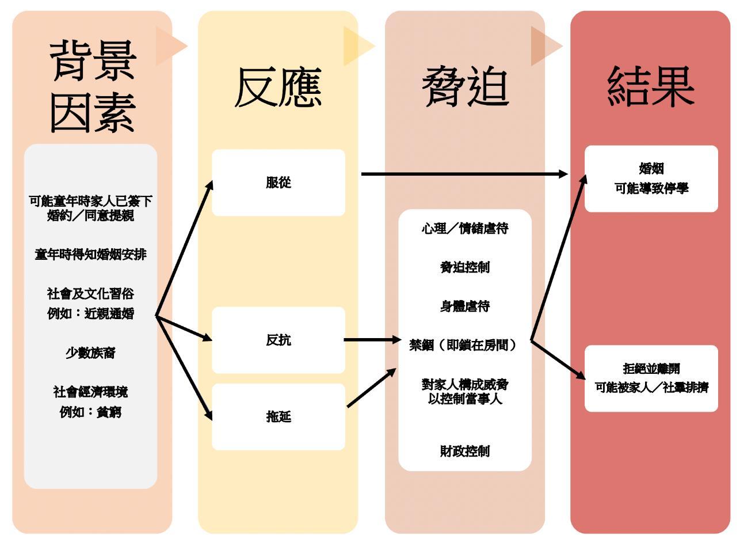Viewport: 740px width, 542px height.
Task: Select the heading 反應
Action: pyautogui.click(x=278, y=88)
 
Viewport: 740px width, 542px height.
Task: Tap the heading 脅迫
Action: pyautogui.click(x=465, y=88)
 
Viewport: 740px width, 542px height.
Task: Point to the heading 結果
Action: pyautogui.click(x=651, y=88)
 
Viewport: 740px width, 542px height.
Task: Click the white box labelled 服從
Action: pyautogui.click(x=279, y=183)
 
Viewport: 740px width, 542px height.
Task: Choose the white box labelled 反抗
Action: pyautogui.click(x=279, y=340)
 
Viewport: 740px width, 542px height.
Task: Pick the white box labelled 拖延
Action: pyautogui.click(x=279, y=416)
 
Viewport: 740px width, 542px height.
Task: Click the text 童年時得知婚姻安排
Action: pyautogui.click(x=91, y=254)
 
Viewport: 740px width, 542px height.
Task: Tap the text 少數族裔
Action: pyautogui.click(x=90, y=353)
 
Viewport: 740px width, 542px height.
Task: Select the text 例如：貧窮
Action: pyautogui.click(x=90, y=412)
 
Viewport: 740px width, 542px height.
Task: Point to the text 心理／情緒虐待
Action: pyautogui.click(x=465, y=229)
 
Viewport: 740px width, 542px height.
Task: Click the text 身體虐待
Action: pyautogui.click(x=465, y=306)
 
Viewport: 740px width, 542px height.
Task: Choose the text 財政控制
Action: pyautogui.click(x=465, y=451)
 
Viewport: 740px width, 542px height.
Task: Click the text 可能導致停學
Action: pyautogui.click(x=651, y=188)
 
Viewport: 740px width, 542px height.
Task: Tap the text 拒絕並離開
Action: pyautogui.click(x=651, y=369)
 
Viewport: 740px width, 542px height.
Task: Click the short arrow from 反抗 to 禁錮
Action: pyautogui.click(x=371, y=340)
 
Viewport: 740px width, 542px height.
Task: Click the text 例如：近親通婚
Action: pyautogui.click(x=90, y=314)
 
